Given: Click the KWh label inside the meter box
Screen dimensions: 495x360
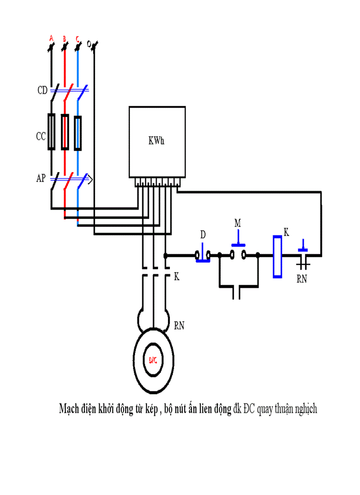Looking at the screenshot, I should pyautogui.click(x=157, y=141).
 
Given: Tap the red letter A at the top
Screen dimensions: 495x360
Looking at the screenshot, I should pyautogui.click(x=51, y=39).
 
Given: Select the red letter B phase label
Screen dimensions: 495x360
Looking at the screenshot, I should pyautogui.click(x=64, y=39).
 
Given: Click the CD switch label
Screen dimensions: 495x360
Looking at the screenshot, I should pyautogui.click(x=42, y=91).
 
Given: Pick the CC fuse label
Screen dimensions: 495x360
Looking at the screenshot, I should pyautogui.click(x=41, y=137).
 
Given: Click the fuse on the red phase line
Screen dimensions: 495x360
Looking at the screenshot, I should pyautogui.click(x=65, y=132).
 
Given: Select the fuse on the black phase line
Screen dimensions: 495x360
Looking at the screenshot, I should pyautogui.click(x=52, y=132).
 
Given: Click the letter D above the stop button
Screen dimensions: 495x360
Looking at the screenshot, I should pyautogui.click(x=203, y=235).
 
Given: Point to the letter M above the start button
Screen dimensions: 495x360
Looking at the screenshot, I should pyautogui.click(x=238, y=223).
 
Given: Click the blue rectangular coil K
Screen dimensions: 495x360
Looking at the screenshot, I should pyautogui.click(x=277, y=257).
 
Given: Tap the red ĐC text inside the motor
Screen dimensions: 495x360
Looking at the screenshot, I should pyautogui.click(x=153, y=360).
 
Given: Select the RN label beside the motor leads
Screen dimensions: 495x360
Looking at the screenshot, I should pyautogui.click(x=179, y=326).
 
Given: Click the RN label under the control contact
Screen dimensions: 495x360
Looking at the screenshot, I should pyautogui.click(x=301, y=279).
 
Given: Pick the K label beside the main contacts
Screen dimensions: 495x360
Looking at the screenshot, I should pyautogui.click(x=177, y=276).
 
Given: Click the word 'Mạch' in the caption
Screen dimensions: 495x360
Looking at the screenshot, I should pyautogui.click(x=69, y=409).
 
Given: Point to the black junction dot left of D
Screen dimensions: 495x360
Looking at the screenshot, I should pyautogui.click(x=165, y=255).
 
